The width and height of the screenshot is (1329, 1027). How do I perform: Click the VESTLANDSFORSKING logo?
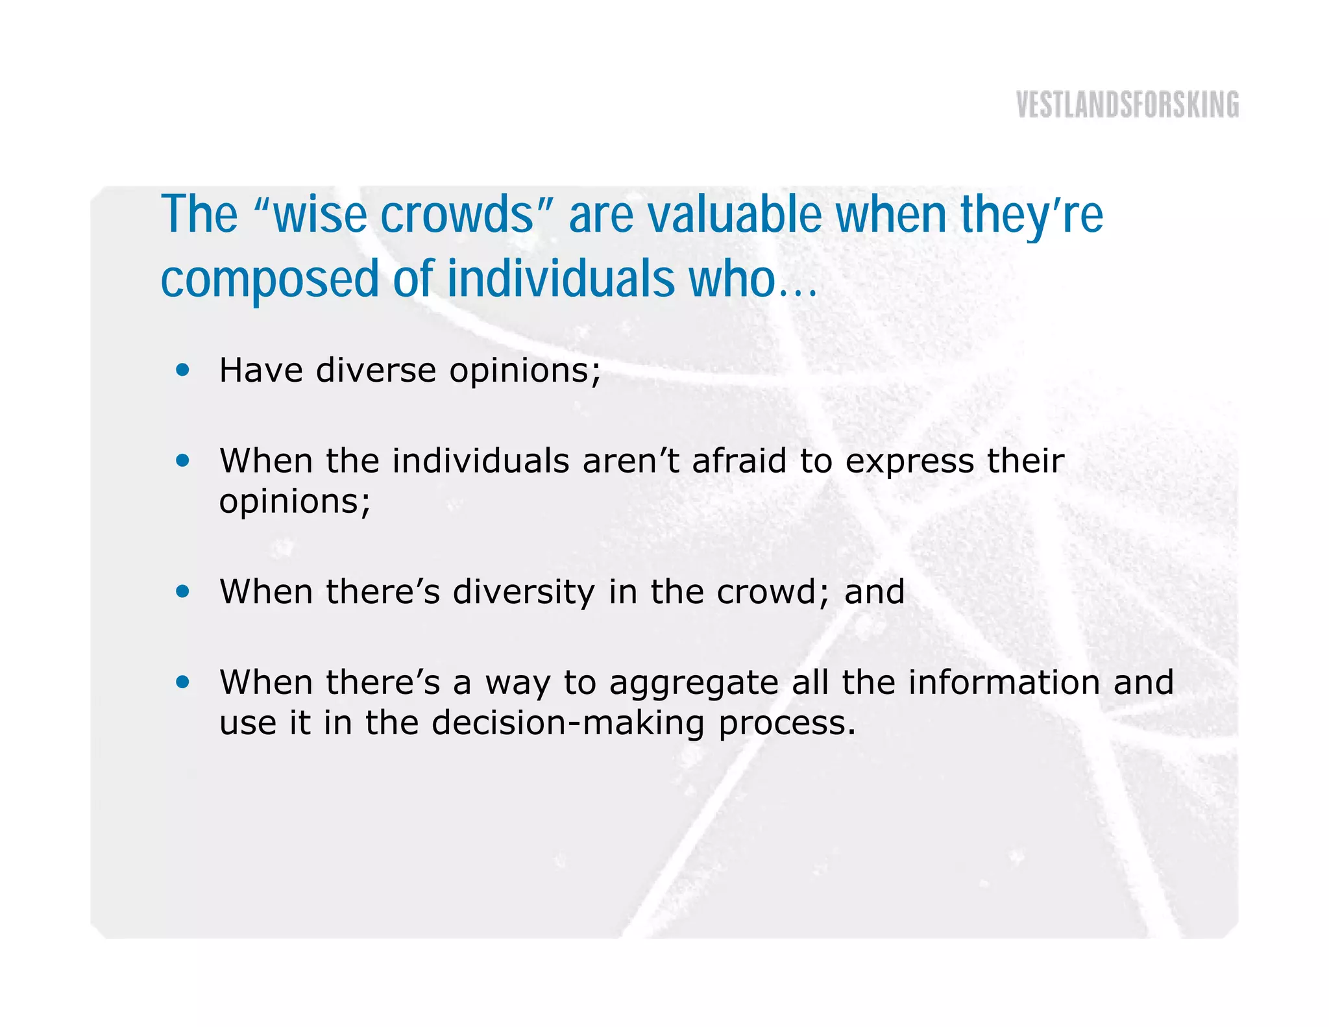coord(1127,105)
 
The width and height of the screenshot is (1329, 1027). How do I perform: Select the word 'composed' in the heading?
coord(269,280)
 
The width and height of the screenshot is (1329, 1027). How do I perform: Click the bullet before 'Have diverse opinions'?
coord(183,370)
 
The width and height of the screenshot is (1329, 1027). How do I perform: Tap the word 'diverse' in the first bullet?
coord(376,371)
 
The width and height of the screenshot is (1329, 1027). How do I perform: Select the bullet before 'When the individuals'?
coord(183,461)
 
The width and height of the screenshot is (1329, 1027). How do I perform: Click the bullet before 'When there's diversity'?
coord(183,591)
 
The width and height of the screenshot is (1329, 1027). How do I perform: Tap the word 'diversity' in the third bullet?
coord(523,593)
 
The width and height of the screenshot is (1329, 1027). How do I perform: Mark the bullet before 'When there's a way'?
coord(183,682)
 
